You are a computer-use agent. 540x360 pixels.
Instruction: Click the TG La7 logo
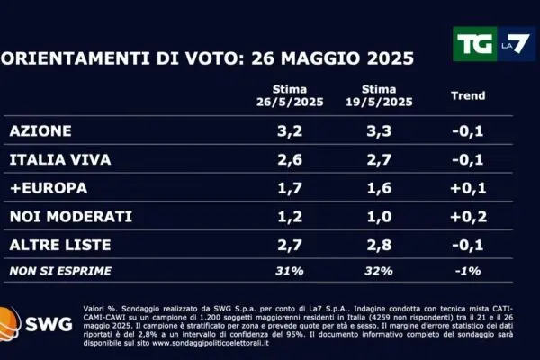click(x=491, y=44)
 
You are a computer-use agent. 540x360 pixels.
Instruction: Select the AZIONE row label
click(x=40, y=130)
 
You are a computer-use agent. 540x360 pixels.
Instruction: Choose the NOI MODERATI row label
click(x=70, y=217)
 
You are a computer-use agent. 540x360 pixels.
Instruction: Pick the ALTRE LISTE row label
click(x=60, y=245)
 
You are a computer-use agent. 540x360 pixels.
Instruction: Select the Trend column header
click(x=466, y=95)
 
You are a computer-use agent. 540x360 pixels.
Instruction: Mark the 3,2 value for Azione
click(x=286, y=130)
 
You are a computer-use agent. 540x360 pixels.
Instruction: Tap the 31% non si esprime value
click(x=286, y=269)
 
